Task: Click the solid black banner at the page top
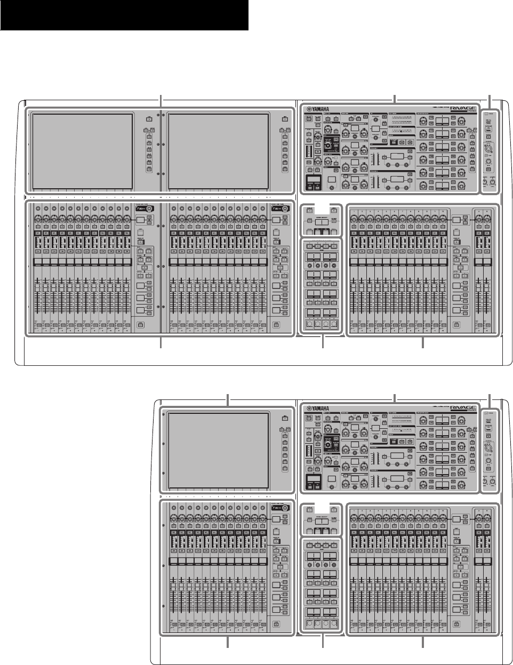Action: tap(124, 15)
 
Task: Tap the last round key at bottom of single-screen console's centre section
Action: tap(334, 623)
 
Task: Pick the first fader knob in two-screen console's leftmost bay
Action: tap(37, 289)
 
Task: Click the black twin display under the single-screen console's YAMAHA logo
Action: tap(312, 484)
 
